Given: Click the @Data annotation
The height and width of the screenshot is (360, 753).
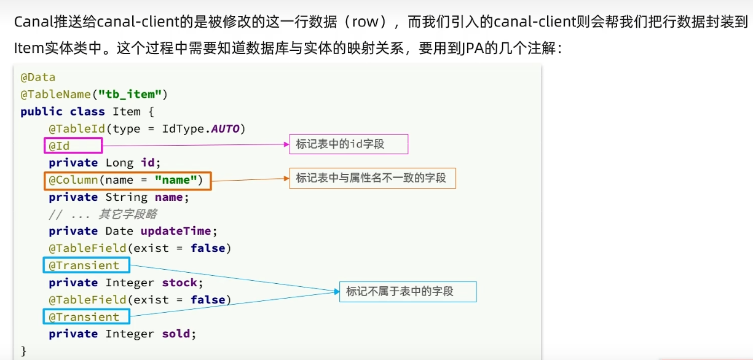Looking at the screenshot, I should click(x=38, y=77).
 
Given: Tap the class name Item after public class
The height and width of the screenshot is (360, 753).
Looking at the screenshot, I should click(x=126, y=112).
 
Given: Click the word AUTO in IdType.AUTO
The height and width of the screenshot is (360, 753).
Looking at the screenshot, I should click(x=226, y=129).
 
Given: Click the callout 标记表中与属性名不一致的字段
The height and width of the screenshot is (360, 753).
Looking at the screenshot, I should click(x=372, y=178).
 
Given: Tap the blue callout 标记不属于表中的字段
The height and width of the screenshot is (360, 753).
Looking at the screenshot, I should click(x=408, y=291).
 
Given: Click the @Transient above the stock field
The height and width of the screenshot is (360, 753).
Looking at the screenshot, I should click(x=85, y=265).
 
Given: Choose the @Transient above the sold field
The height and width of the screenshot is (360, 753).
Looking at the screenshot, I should click(x=85, y=317).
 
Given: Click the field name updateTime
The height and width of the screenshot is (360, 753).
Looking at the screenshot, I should click(x=176, y=231).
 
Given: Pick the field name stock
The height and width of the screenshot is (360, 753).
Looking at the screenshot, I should click(x=179, y=283).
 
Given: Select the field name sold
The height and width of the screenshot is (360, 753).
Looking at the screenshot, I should click(x=176, y=334).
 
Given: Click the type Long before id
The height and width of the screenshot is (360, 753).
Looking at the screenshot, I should click(x=119, y=163).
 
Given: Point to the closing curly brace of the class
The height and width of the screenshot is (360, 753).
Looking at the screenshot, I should click(x=24, y=351).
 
